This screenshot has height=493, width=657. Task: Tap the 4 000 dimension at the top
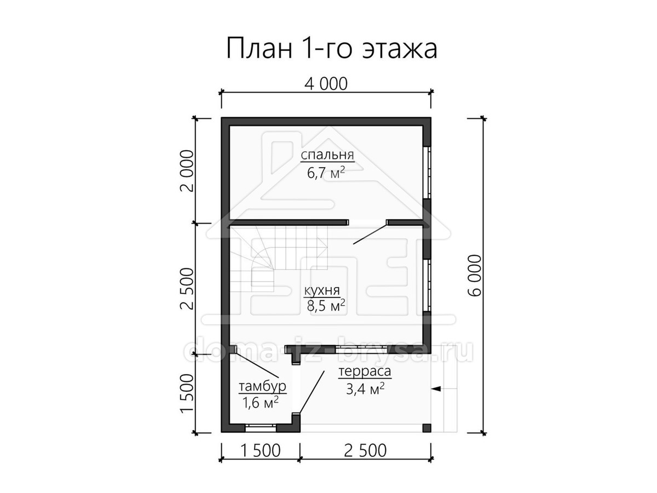(x=326, y=84)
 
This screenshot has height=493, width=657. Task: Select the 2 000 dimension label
(x=187, y=171)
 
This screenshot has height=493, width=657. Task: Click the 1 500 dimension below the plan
(x=260, y=459)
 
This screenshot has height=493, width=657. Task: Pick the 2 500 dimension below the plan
(x=365, y=459)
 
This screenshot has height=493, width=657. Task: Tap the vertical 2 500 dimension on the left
(x=187, y=288)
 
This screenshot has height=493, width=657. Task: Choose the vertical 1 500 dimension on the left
(x=187, y=393)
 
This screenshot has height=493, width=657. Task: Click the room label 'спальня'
(x=327, y=155)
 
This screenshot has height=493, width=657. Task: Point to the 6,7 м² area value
(x=326, y=173)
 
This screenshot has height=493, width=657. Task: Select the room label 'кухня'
(x=322, y=290)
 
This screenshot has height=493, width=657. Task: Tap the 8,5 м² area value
(x=326, y=306)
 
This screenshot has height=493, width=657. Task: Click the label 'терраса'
(x=365, y=371)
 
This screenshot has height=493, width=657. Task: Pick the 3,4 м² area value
(x=365, y=389)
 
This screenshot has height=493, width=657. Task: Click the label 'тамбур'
(x=262, y=387)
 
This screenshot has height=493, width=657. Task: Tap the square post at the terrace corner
(x=427, y=428)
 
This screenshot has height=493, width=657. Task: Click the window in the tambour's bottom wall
(x=261, y=428)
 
